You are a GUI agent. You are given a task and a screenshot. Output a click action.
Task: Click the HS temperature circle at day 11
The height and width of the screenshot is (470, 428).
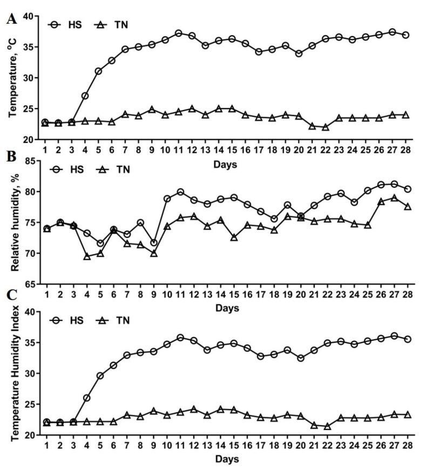179,33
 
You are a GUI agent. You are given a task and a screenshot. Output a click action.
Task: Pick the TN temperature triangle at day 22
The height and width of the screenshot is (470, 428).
326,127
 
